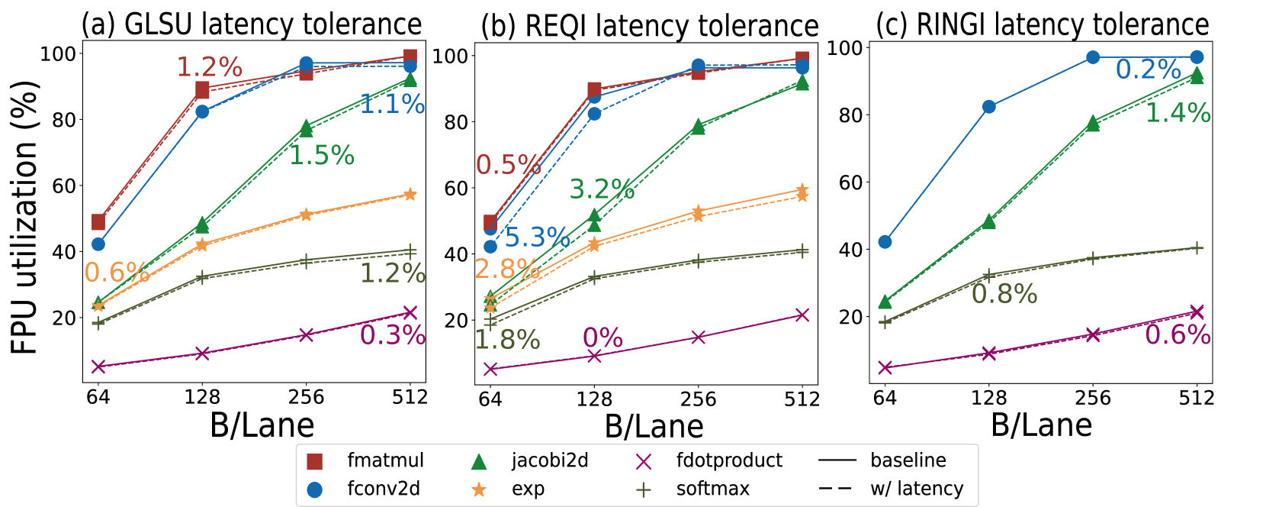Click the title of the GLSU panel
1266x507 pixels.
click(x=252, y=24)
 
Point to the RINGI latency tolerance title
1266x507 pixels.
click(x=1042, y=24)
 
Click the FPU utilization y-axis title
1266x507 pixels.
click(x=24, y=218)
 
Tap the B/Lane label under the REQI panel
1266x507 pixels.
click(x=654, y=427)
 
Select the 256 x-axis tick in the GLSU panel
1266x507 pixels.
click(x=306, y=397)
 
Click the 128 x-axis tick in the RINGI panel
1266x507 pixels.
click(x=988, y=398)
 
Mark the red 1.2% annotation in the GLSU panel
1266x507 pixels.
click(x=209, y=67)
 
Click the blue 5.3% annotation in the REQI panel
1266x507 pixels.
click(x=537, y=237)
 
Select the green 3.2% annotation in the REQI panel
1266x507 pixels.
click(x=602, y=189)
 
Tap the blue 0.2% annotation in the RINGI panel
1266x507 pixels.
click(x=1148, y=69)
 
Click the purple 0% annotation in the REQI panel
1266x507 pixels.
click(x=602, y=337)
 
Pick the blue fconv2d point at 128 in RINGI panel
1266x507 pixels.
click(x=989, y=107)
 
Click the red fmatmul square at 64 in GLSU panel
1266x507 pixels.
click(x=98, y=222)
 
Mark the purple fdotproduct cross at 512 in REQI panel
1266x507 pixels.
click(x=802, y=315)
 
